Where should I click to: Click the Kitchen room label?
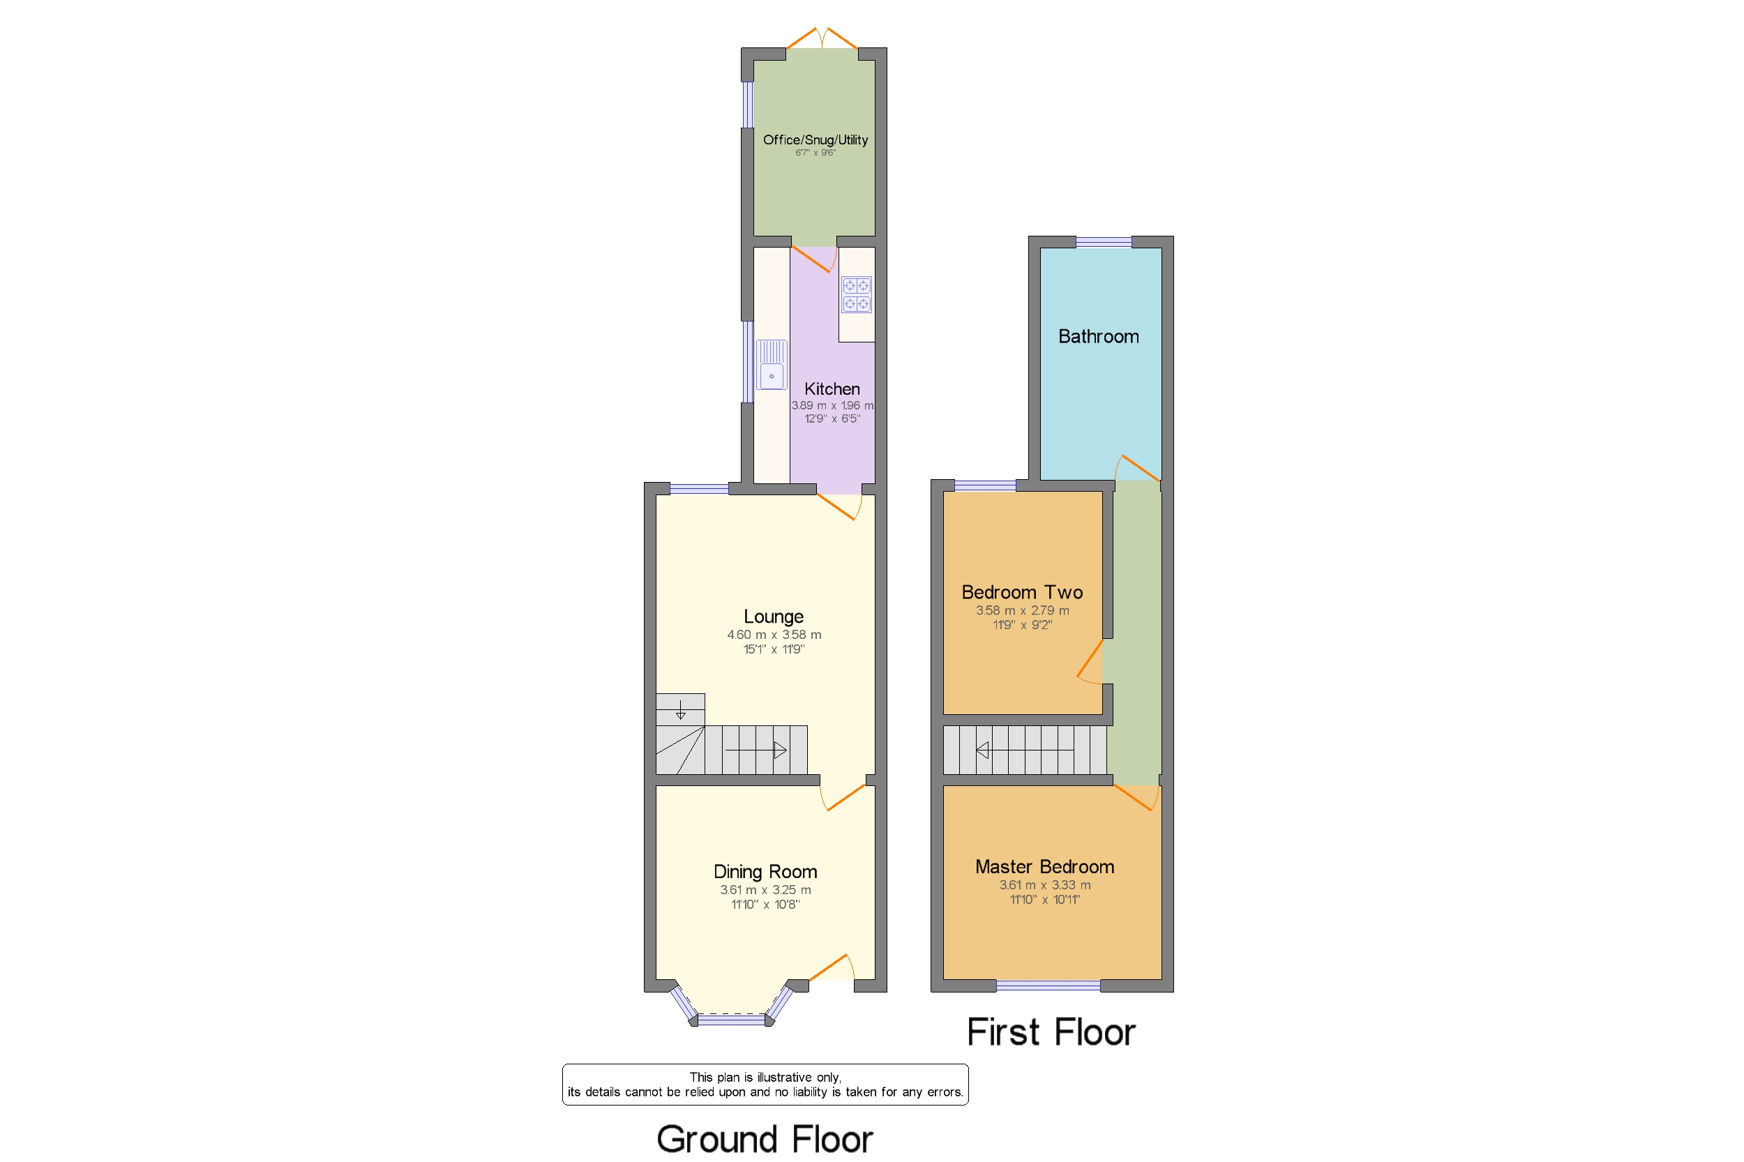pos(832,389)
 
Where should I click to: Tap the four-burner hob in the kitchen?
pos(856,295)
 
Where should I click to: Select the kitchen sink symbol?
pos(772,365)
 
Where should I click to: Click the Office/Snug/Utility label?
pos(815,140)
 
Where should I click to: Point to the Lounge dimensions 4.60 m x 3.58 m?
pos(774,635)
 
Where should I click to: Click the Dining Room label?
pos(765,872)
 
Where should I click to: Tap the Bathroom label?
pos(1098,336)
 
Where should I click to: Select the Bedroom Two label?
pos(1021,592)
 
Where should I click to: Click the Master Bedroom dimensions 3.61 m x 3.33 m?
pos(1044,885)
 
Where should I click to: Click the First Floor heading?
pos(1051,1032)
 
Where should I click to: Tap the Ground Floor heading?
pos(764,1138)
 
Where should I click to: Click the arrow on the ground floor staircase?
pos(779,750)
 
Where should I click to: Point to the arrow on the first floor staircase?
pos(984,750)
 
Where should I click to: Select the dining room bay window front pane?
pos(731,1020)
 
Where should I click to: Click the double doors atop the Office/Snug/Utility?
pos(821,38)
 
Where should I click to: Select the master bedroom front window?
pos(1047,985)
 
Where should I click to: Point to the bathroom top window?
pos(1103,241)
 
